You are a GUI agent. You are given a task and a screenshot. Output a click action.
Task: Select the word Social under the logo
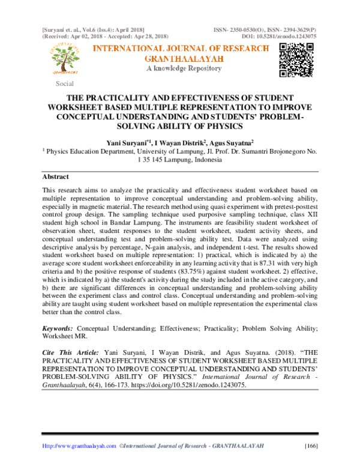pos(65,83)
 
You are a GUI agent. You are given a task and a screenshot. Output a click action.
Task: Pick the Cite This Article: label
pos(69,350)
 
